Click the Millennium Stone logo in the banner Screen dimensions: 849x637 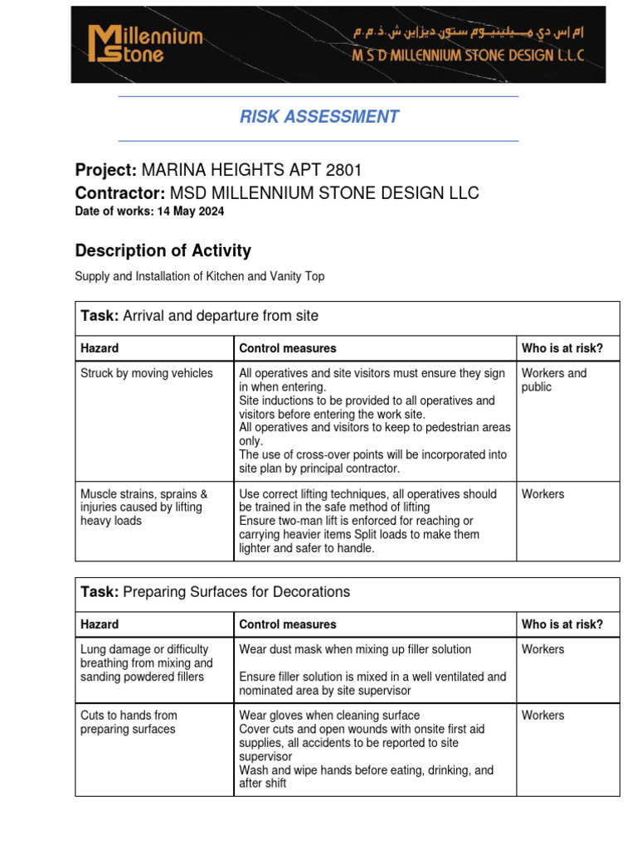coord(145,44)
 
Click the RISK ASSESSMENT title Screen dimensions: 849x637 coord(319,117)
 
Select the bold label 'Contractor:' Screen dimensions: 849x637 coord(120,193)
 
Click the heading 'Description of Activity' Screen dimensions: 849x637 coord(163,250)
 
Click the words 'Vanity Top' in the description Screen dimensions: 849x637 coord(296,276)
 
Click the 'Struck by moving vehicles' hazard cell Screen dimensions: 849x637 coord(147,373)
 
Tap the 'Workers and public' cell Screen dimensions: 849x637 coord(553,380)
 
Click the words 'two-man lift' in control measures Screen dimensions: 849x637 coord(322,521)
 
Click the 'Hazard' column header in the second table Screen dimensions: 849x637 coord(100,624)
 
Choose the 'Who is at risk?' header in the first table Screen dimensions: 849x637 coord(562,348)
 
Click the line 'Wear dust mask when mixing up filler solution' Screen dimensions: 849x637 coord(355,649)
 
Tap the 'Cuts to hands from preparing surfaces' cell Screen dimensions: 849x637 coord(129,722)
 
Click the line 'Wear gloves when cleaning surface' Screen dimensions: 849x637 coord(329,716)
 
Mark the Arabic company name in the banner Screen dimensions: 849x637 coord(464,32)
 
